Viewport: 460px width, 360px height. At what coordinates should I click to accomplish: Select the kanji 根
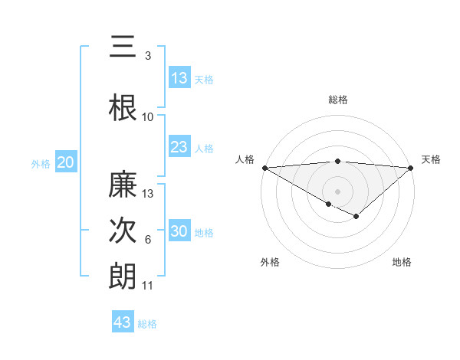[x=123, y=107]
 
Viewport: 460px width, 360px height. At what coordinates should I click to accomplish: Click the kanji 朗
[x=123, y=277]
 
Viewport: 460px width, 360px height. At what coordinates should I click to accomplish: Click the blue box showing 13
[x=179, y=77]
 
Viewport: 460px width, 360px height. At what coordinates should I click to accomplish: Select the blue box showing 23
[x=179, y=147]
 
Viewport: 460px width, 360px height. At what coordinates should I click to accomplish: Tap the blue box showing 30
[x=179, y=231]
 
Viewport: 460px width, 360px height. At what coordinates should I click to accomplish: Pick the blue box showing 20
[x=66, y=162]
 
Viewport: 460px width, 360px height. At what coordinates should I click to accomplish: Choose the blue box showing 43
[x=123, y=322]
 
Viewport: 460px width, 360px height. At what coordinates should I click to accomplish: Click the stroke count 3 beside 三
[x=148, y=56]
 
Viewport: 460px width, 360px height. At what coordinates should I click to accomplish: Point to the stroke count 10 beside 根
[x=148, y=116]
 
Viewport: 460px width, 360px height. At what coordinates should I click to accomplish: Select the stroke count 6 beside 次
[x=148, y=240]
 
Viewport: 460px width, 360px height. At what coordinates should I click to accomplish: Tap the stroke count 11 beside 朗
[x=148, y=286]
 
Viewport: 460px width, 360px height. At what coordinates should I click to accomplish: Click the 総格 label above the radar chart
[x=337, y=100]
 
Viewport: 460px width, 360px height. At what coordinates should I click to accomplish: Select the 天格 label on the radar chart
[x=431, y=159]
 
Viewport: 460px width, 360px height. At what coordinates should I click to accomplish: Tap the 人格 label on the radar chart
[x=245, y=159]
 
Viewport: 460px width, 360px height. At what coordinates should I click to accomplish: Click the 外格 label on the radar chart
[x=270, y=262]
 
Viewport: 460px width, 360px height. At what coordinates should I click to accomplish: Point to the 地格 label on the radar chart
[x=402, y=262]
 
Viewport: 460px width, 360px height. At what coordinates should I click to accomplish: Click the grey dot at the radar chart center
[x=337, y=191]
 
